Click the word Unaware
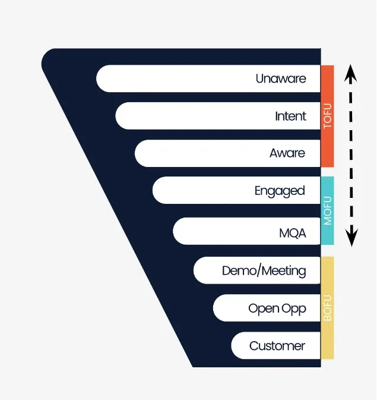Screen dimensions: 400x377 tap(281, 78)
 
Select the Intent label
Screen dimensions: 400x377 tap(290, 116)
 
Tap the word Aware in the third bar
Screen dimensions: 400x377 tap(287, 153)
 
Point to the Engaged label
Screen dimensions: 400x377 tap(280, 191)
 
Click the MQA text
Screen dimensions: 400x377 tap(293, 233)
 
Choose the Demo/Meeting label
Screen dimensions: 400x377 tap(264, 271)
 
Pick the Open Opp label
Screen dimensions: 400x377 tap(277, 308)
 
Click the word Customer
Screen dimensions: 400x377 tap(277, 346)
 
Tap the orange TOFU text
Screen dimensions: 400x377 tap(327, 116)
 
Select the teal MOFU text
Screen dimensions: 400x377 tap(327, 210)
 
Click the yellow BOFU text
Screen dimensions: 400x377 tap(327, 308)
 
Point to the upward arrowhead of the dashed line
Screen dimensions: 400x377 tap(351, 72)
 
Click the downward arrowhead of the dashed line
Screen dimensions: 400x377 tap(351, 239)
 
